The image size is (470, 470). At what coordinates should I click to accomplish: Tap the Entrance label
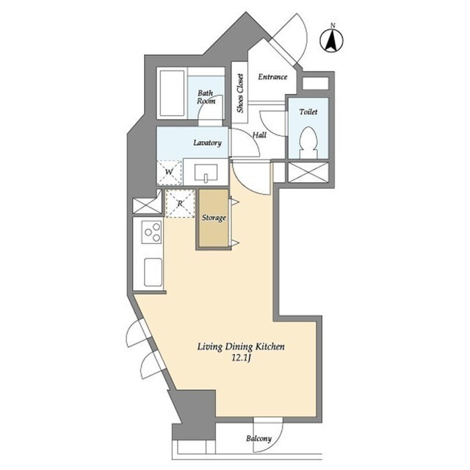[272, 77]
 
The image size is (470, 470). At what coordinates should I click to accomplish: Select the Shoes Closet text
[240, 93]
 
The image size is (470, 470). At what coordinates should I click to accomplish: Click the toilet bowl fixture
[308, 142]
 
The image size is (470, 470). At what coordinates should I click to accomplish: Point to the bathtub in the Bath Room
[172, 93]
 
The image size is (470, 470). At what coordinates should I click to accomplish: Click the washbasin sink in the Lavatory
[206, 173]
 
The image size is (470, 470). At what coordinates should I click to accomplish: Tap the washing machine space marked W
[170, 173]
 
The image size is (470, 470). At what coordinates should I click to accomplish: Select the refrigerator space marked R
[180, 203]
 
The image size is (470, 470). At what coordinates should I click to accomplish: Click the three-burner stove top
[152, 232]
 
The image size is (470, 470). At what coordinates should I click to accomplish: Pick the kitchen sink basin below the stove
[153, 272]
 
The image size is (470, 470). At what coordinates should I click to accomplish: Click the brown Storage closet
[214, 218]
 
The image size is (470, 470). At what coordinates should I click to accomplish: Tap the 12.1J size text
[241, 358]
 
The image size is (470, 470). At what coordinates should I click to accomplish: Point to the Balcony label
[258, 438]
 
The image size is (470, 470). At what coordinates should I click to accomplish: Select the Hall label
[259, 135]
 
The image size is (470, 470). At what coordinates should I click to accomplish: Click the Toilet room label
[308, 112]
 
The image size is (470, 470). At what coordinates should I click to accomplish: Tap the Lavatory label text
[207, 142]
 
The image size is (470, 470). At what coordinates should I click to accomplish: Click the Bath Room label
[206, 97]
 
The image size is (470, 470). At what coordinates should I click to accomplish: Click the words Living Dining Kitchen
[241, 347]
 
